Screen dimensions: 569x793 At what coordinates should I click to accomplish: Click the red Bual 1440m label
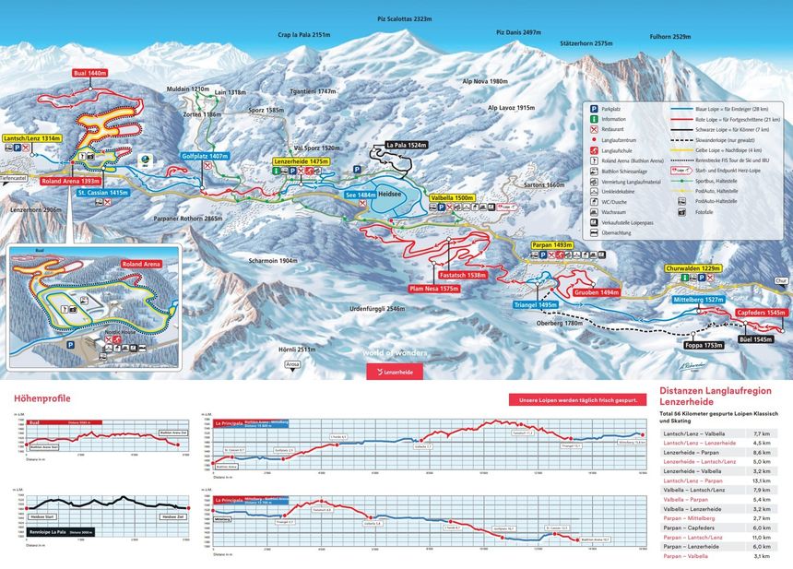coord(90,72)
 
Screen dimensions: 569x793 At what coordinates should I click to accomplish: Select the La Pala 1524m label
coord(406,145)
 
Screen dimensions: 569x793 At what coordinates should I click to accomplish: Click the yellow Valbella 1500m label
coord(452,198)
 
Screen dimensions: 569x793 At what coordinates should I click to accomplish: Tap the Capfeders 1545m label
coord(762,313)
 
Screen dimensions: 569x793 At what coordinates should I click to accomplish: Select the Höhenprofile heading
coord(42,398)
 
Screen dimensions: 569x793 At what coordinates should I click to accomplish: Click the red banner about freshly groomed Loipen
coord(574,399)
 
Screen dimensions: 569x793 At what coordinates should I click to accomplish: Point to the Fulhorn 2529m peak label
coord(669,37)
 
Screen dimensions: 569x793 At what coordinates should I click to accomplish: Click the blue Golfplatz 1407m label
coord(205,157)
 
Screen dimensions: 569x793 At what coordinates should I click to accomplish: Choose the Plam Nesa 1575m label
coord(435,289)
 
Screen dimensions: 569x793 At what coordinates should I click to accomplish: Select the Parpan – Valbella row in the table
coord(719,556)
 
